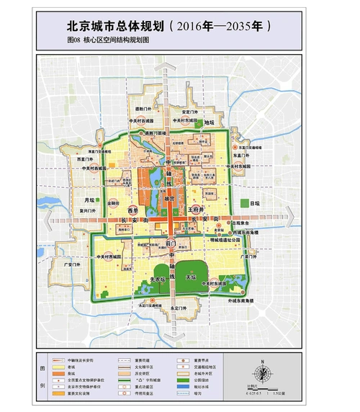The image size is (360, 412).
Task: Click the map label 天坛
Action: tap(191, 277)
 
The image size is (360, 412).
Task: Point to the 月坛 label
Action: tap(89, 200)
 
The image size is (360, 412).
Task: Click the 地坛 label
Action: tap(210, 122)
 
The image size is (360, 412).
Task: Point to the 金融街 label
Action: tap(114, 204)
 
